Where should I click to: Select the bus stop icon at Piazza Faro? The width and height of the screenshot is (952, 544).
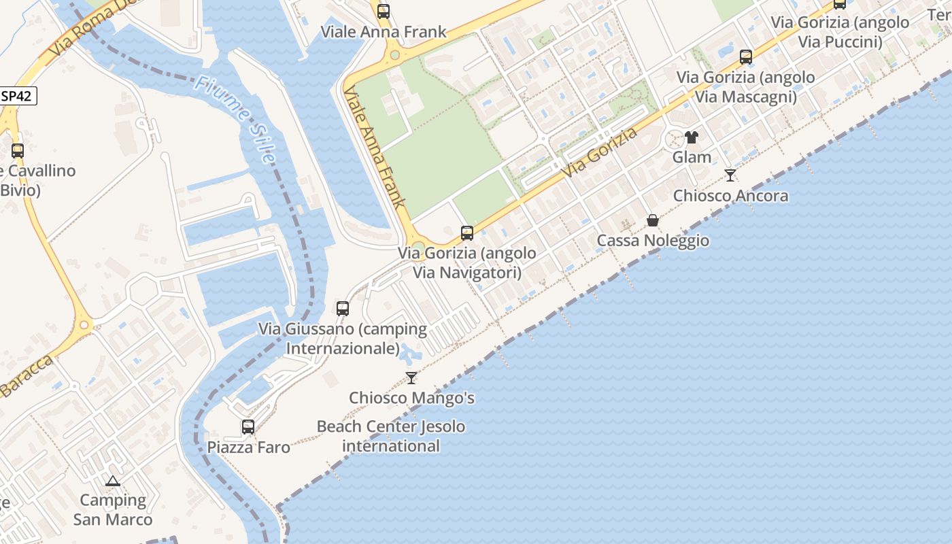[248, 427]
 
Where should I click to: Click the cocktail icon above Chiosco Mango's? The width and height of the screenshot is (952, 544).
[411, 378]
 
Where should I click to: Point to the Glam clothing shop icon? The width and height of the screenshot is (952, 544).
[692, 137]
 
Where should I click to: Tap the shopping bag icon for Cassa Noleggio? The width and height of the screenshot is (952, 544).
[652, 220]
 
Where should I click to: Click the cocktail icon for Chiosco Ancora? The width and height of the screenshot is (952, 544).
[730, 175]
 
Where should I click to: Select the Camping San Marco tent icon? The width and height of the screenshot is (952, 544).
[113, 481]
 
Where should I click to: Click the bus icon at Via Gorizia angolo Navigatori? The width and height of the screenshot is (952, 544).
[467, 233]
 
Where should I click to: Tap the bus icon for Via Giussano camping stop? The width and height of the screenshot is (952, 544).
[343, 309]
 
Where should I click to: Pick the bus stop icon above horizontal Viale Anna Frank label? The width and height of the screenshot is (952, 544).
[384, 12]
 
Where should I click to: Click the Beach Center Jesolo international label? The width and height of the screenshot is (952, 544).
[391, 437]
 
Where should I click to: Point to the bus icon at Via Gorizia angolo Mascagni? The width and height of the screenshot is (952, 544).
[746, 57]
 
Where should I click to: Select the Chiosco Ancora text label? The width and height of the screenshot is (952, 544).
[730, 196]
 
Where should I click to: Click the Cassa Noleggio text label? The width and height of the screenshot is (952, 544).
[653, 241]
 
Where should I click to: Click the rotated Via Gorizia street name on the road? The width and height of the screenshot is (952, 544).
[600, 154]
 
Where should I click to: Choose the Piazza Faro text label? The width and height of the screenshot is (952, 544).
[248, 447]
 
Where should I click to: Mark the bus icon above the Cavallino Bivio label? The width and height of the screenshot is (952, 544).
[18, 151]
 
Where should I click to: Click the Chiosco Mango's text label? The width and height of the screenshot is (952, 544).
[411, 398]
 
